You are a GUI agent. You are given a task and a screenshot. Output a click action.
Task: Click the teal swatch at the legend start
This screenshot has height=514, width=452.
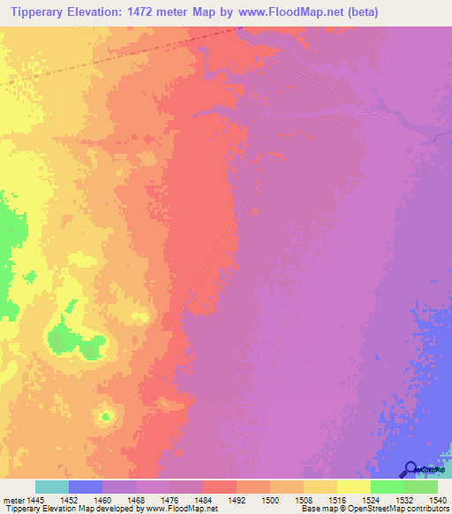click(x=52, y=487)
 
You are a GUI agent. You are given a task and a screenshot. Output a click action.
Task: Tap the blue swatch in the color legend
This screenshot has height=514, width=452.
click(x=86, y=487)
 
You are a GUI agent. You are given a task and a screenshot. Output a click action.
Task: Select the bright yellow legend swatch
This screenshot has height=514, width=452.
click(x=353, y=487)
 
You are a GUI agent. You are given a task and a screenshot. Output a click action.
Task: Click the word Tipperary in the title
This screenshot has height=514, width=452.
click(x=43, y=11)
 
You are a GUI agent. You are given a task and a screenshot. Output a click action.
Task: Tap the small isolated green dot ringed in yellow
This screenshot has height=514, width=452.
click(x=107, y=414)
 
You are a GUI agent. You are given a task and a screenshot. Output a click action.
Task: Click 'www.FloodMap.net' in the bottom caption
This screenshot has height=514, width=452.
click(x=181, y=508)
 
